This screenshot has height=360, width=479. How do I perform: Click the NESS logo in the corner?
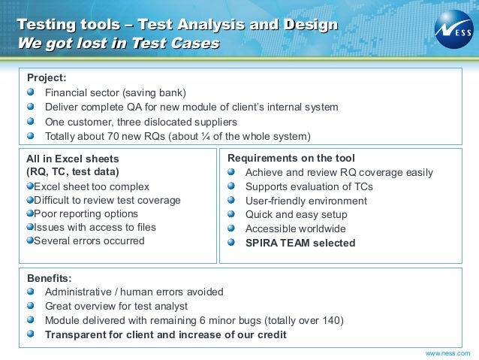[x=453, y=28]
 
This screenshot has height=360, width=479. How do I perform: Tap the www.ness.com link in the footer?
[x=447, y=352]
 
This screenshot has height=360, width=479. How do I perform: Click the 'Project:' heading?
[x=47, y=77]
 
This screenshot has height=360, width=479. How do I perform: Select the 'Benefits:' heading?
[x=49, y=278]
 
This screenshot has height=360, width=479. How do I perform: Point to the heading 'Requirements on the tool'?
[x=291, y=159]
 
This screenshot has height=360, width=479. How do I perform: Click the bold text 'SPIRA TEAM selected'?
[x=300, y=243]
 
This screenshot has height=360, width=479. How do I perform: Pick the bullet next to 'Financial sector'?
[x=30, y=92]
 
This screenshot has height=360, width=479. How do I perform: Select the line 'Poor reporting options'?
[x=86, y=214]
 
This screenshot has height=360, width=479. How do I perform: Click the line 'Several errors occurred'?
[x=89, y=241]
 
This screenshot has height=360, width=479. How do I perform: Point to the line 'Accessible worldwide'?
[x=296, y=229]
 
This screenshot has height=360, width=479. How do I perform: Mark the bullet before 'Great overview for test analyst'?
[x=30, y=306]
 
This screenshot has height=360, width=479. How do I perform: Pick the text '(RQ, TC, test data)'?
[x=72, y=172]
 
